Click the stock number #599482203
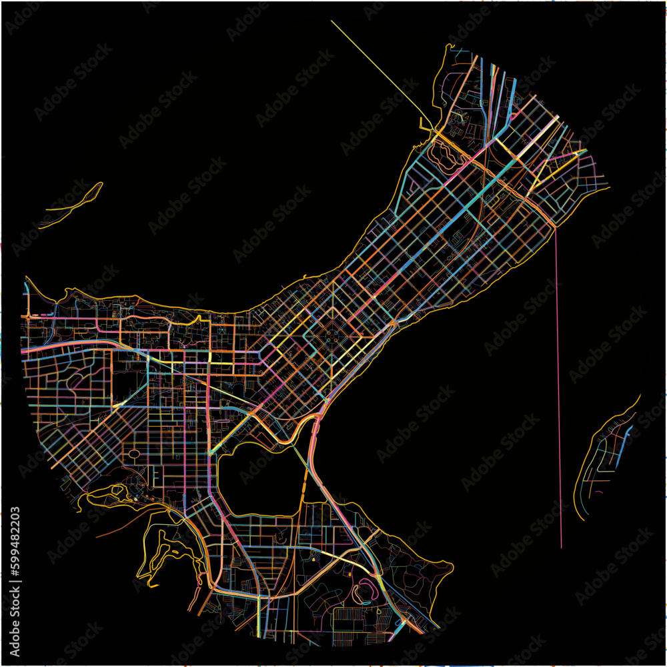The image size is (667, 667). point(15,541)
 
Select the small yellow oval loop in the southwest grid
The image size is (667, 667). point(133,454)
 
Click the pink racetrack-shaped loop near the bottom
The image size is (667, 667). point(366,590)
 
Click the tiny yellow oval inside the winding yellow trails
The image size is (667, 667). point(175,552)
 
